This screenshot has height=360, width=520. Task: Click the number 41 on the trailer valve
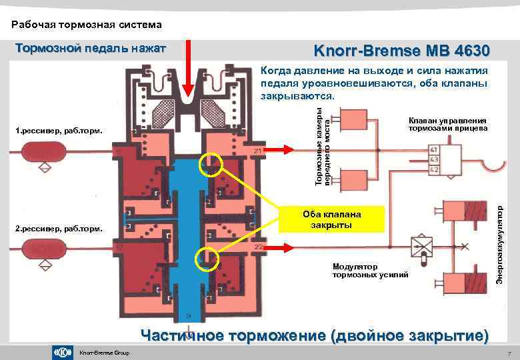(434, 149)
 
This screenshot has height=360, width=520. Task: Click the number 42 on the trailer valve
(434, 169)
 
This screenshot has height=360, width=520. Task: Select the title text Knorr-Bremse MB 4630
(401, 51)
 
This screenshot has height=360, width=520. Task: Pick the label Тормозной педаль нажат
(91, 48)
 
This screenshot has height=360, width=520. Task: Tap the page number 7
(509, 353)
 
